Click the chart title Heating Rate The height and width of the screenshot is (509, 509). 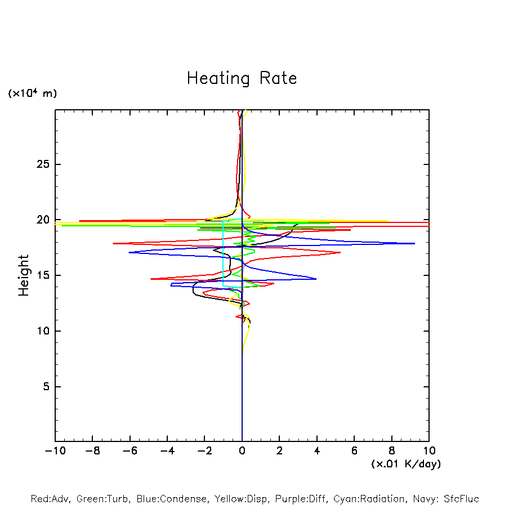coord(242,78)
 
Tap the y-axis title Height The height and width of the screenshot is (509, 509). coord(24,275)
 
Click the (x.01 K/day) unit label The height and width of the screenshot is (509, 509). coord(405,464)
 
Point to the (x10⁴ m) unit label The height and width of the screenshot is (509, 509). coord(33,93)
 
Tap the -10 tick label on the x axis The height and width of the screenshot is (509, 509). coord(54,451)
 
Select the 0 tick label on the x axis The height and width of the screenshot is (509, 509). coord(242,451)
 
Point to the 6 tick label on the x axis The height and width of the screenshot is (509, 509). coord(354,451)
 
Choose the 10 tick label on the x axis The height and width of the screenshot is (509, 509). coord(429,451)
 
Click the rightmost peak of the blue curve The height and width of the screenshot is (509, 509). coord(414,243)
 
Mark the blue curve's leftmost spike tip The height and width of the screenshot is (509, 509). coord(129,252)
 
